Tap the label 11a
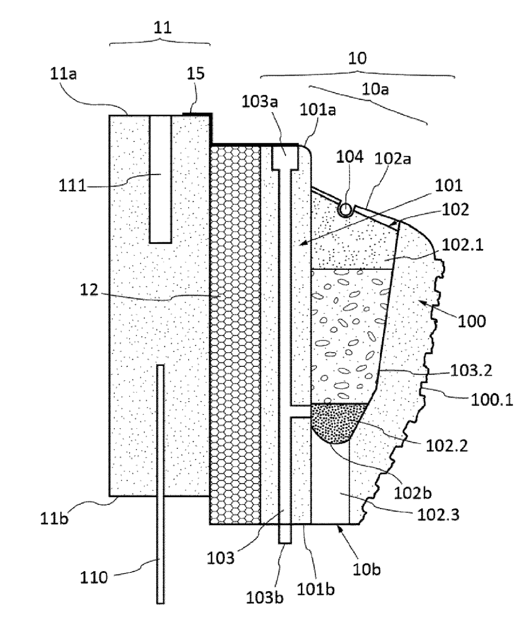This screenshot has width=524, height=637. [x=63, y=74]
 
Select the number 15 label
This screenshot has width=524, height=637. [x=196, y=73]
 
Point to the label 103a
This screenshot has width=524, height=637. [x=260, y=102]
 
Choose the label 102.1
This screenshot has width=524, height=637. [x=462, y=245]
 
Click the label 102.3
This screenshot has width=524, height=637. [x=438, y=514]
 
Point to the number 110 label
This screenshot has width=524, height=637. [x=93, y=578]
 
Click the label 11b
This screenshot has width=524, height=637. [x=54, y=518]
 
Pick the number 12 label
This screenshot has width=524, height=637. [x=89, y=290]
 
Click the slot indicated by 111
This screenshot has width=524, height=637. [x=160, y=179]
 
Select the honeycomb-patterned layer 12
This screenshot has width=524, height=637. [x=235, y=335]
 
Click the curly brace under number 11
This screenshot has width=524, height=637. [x=160, y=42]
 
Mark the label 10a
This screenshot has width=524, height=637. [x=376, y=90]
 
